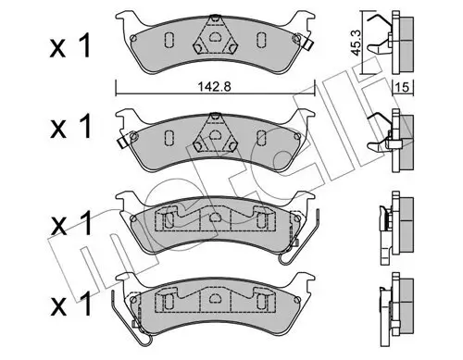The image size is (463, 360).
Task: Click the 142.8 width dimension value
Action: coord(214,87)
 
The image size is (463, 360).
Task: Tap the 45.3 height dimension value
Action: coord(357,43)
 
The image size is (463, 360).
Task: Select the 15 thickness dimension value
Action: coord(402,88)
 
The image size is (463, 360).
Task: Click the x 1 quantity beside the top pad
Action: coord(70,46)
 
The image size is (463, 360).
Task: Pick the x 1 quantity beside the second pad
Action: coord(70,127)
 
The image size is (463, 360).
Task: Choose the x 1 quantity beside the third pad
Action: coord(71,223)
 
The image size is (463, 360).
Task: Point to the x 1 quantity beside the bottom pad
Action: coord(71,304)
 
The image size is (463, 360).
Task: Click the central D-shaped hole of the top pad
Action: coord(215,37)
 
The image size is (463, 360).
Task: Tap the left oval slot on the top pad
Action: coord(169,40)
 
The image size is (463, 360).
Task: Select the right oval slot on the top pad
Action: coord(261,40)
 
